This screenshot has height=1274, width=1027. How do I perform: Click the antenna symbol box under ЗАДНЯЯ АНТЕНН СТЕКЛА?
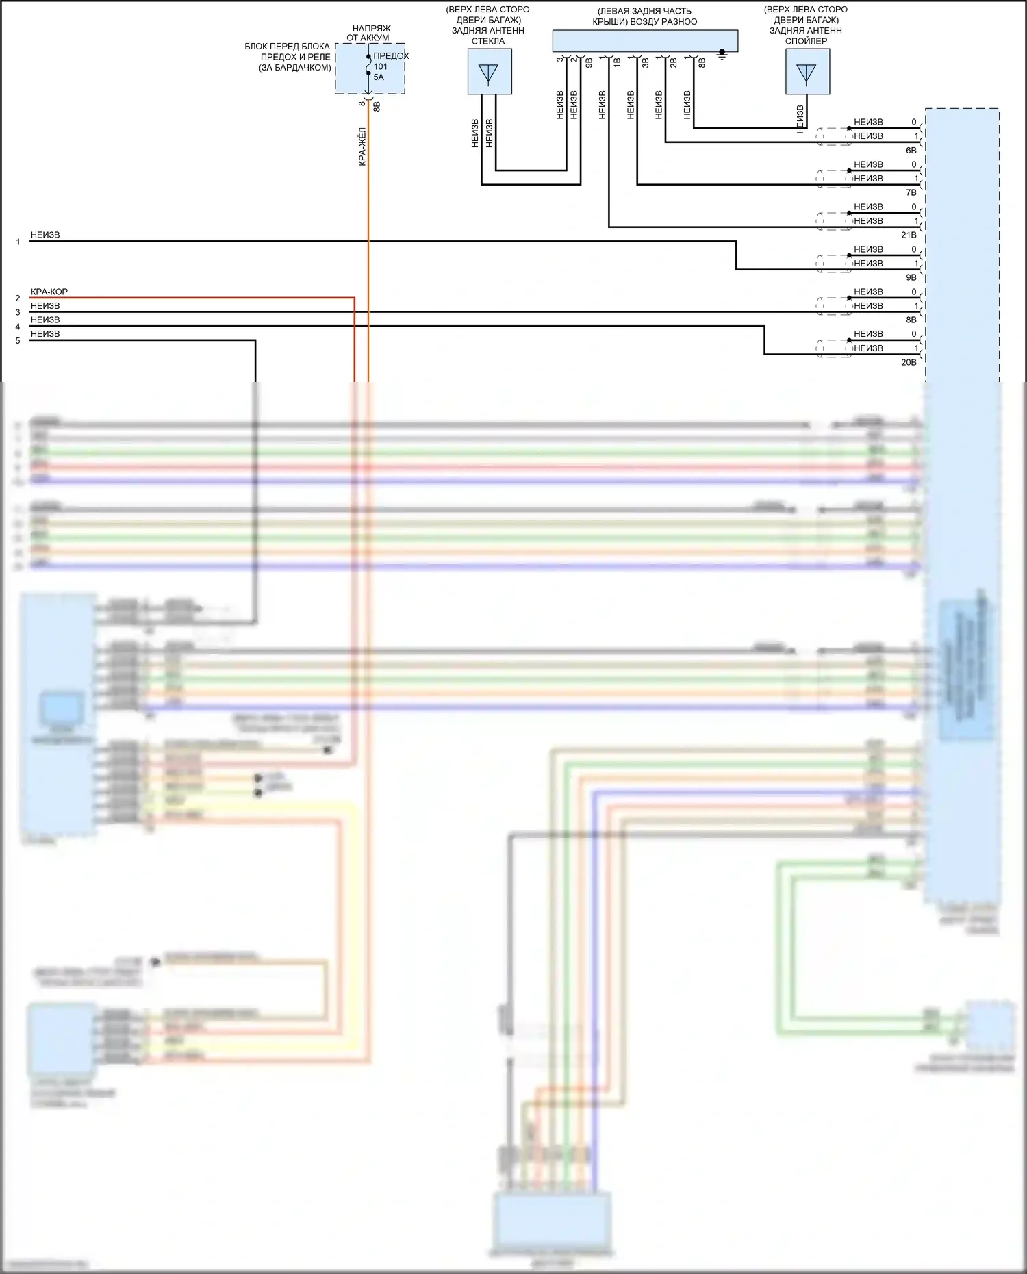point(489,72)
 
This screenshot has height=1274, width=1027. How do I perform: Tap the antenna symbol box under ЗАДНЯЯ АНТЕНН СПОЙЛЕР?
point(807,72)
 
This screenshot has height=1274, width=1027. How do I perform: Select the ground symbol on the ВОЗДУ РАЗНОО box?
point(722,54)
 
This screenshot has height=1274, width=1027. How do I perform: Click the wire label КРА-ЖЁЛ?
point(362,146)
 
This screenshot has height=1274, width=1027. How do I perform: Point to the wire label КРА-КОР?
point(49,292)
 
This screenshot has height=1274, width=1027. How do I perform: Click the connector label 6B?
point(911,151)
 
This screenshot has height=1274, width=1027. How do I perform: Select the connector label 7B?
point(911,193)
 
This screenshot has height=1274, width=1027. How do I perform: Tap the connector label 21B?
point(909,235)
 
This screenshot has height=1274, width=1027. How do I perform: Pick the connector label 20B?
point(909,362)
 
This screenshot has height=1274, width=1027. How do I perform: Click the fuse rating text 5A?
point(379,77)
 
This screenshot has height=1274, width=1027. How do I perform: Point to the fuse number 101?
point(381,66)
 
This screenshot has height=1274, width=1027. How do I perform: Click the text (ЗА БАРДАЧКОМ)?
point(295,68)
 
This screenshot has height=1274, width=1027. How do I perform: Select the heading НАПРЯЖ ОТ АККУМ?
point(370,33)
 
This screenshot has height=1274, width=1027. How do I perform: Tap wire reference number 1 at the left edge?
point(18,242)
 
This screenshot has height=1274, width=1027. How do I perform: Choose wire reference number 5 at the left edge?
point(18,341)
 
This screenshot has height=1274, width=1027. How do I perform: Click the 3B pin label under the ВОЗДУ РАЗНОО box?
point(645,63)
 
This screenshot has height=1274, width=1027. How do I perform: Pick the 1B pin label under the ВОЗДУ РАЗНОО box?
point(617,62)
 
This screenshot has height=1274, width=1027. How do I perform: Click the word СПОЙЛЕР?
point(806,41)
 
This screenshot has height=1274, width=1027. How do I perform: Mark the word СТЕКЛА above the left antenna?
point(488,41)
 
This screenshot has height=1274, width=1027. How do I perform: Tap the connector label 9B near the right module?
point(911,277)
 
